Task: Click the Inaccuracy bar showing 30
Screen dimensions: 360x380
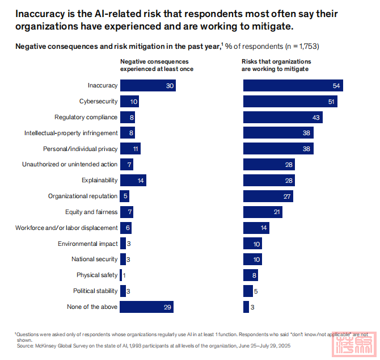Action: coord(147,86)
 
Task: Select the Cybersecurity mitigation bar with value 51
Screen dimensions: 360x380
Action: coord(290,102)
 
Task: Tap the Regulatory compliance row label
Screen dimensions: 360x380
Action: coord(86,118)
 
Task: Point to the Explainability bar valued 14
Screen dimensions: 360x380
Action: coord(133,181)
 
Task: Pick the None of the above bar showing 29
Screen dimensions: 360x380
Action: coord(146,307)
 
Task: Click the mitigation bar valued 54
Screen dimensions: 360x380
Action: coord(293,86)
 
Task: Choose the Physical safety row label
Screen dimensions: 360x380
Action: coord(97,275)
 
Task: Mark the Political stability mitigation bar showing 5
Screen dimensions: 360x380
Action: coord(248,291)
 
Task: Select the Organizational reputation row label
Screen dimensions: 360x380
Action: coord(83,196)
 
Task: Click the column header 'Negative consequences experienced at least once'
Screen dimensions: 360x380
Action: coord(157,65)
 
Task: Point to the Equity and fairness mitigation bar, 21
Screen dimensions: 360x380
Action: coord(263,212)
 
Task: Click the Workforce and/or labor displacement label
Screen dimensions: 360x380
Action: coord(66,228)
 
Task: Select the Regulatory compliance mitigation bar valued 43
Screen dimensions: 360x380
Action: coord(283,118)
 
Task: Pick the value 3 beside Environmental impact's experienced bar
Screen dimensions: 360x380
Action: coord(129,244)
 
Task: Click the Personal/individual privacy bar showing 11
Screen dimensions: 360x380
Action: coord(130,149)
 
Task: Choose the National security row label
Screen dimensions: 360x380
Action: coord(94,259)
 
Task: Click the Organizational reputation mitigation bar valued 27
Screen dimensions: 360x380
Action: coord(268,196)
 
